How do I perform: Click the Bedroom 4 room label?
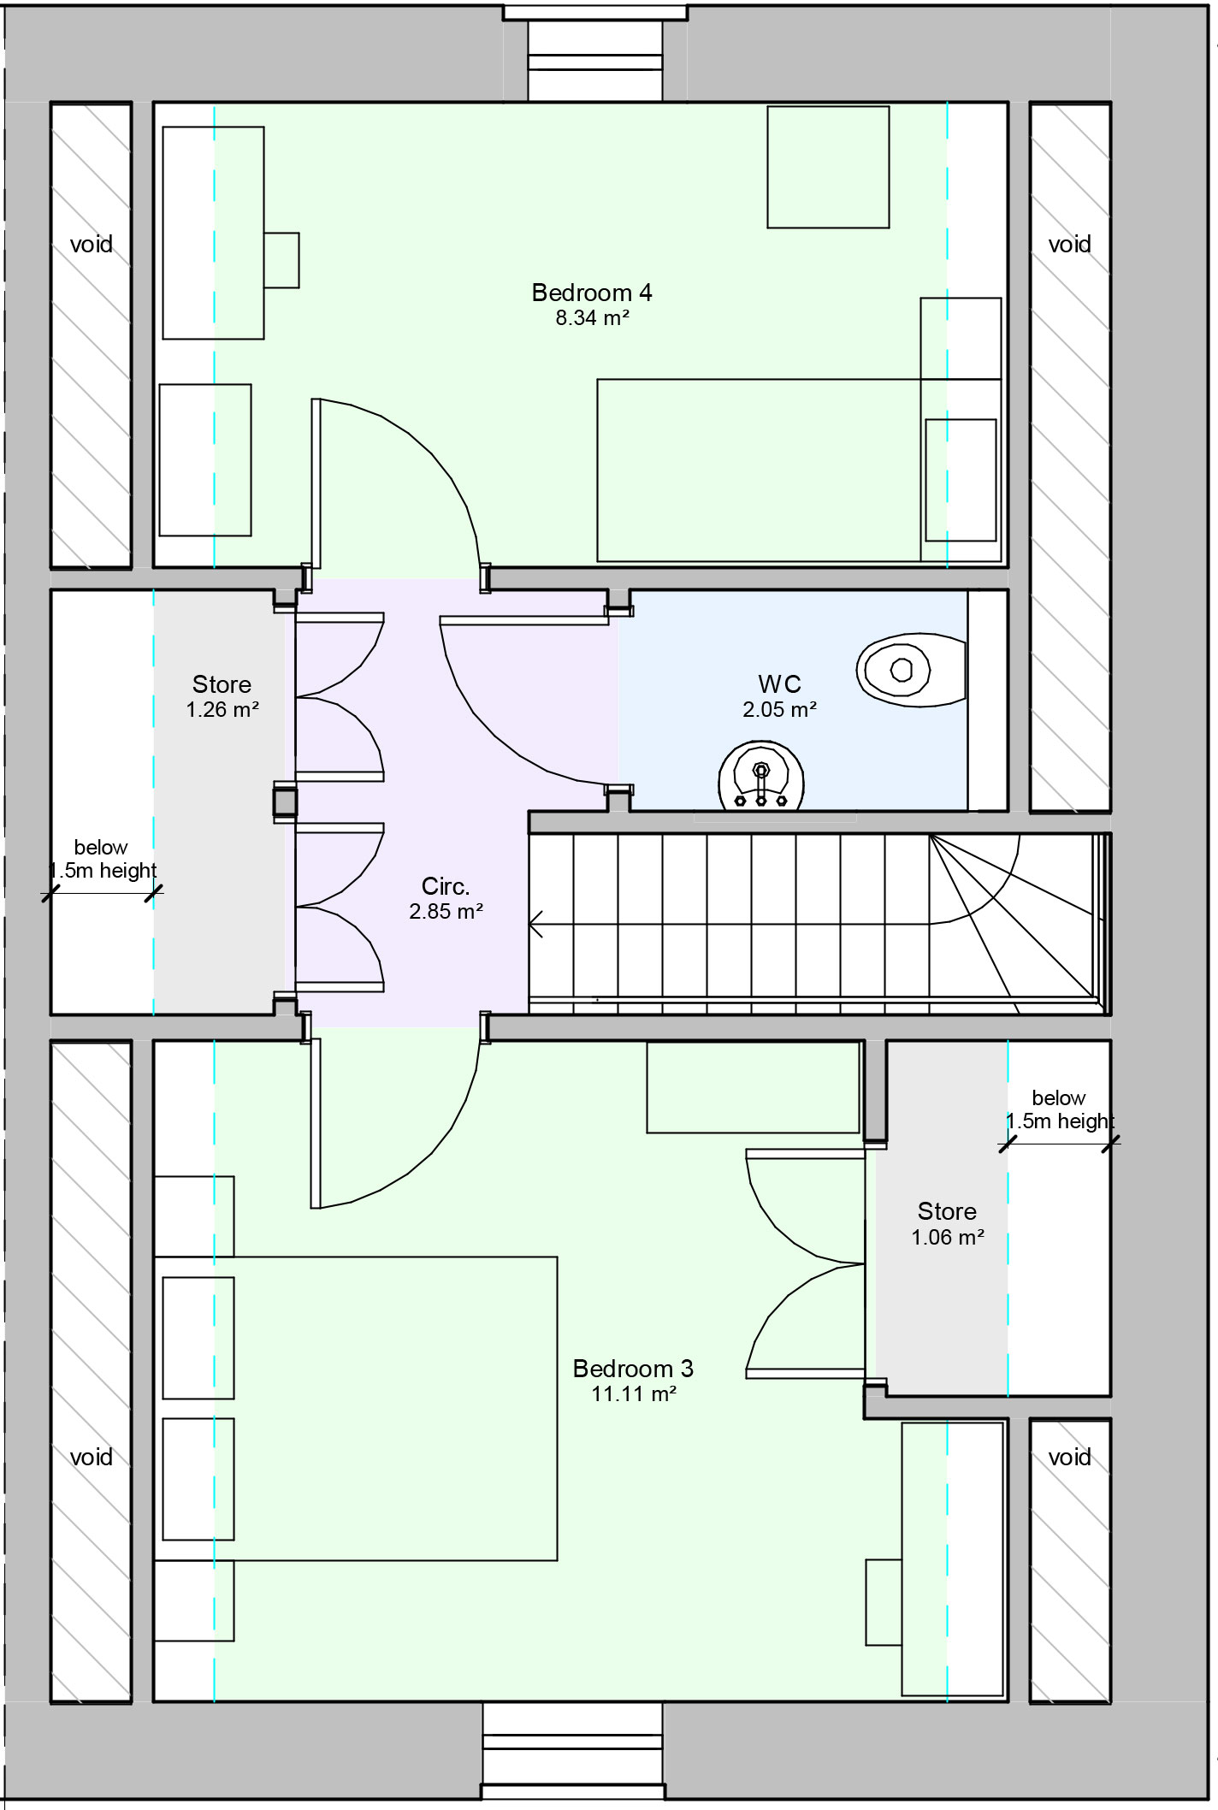click(592, 293)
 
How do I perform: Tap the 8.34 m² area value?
click(592, 318)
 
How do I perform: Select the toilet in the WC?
click(907, 670)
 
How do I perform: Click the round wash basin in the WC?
click(760, 776)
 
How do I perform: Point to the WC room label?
click(779, 684)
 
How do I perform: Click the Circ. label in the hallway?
click(446, 886)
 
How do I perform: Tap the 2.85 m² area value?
click(446, 912)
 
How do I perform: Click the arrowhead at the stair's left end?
click(536, 924)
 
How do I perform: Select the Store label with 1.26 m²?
click(222, 684)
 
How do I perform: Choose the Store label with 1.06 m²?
click(947, 1211)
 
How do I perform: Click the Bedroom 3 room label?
click(633, 1369)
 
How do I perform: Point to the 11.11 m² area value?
click(633, 1394)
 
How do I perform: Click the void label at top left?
click(91, 245)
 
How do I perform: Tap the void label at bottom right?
click(1069, 1458)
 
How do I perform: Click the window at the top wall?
click(594, 51)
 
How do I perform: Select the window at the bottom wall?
click(572, 1754)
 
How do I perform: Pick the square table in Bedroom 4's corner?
click(827, 167)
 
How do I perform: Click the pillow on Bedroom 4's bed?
click(961, 480)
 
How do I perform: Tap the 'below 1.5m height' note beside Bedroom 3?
click(1059, 1109)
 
